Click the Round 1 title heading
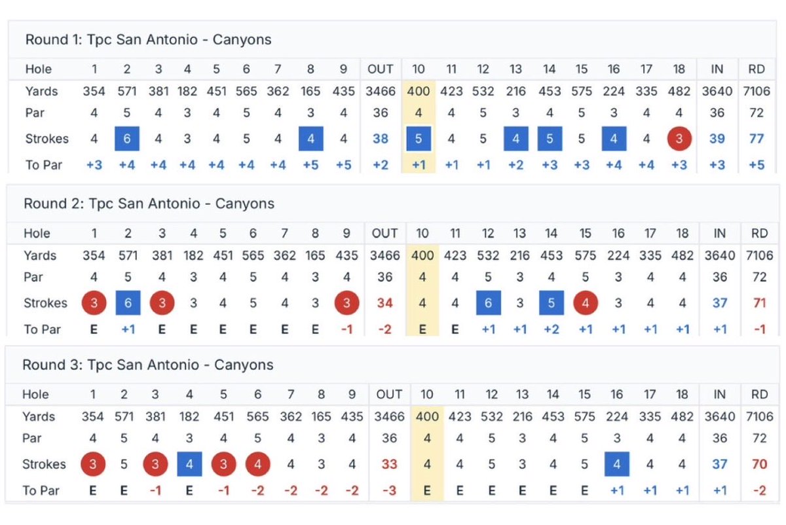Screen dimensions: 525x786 (x=148, y=40)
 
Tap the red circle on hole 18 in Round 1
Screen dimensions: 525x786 (x=679, y=139)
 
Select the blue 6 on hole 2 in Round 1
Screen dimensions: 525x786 (x=127, y=139)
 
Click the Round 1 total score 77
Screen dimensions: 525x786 (x=757, y=139)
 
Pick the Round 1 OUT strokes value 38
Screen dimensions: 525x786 (x=381, y=139)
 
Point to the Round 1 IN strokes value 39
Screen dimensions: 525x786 (x=717, y=139)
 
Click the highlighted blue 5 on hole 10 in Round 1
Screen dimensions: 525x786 (x=419, y=139)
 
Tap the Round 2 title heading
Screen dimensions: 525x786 (x=149, y=204)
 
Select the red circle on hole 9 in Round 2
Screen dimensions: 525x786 (x=346, y=303)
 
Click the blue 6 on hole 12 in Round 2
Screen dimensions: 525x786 (x=488, y=303)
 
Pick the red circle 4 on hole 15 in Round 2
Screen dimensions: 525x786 (x=586, y=303)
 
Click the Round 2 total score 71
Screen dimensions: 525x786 (x=759, y=303)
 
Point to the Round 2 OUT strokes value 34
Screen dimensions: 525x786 (x=384, y=303)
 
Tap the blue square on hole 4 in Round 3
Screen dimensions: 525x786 (x=189, y=464)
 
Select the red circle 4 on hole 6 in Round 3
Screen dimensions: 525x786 (x=258, y=464)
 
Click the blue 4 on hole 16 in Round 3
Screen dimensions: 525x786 (x=616, y=464)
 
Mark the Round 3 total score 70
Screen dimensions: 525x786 (x=759, y=464)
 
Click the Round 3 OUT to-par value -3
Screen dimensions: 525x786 (x=389, y=490)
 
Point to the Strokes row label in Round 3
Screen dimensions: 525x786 (x=44, y=464)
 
